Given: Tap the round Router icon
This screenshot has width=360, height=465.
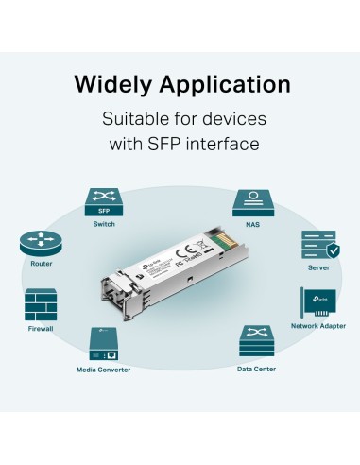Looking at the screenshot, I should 39,244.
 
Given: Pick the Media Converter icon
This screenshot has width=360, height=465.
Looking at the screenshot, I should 104,342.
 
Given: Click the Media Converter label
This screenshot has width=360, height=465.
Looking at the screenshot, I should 104,369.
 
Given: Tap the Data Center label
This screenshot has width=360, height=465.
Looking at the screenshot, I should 256,369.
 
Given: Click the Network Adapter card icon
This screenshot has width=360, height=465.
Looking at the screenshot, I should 318,303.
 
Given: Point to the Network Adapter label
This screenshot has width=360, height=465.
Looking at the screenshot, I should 318,325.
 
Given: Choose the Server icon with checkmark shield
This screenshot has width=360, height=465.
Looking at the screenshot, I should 318,246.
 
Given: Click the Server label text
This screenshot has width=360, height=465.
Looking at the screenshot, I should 318,267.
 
